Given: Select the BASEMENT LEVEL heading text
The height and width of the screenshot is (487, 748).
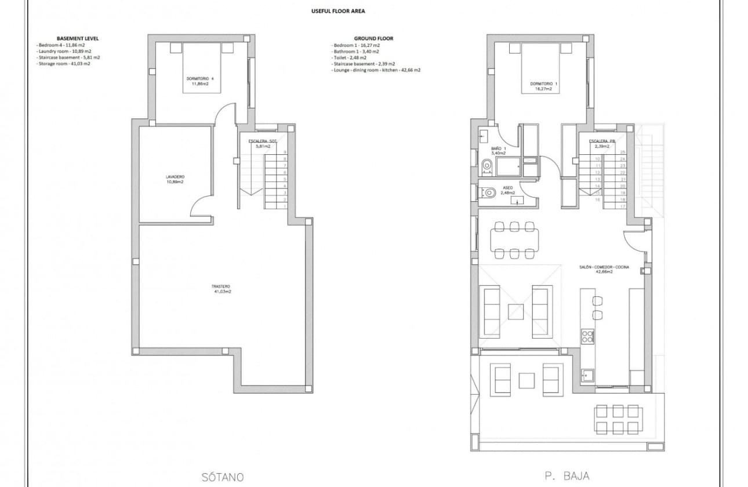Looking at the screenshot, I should (x=77, y=38).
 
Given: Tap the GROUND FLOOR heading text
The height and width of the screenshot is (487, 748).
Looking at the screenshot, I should (x=373, y=38).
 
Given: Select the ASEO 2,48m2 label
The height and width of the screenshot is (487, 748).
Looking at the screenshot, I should (x=507, y=190).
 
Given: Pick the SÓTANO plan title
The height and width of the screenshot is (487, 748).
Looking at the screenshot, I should (x=222, y=477).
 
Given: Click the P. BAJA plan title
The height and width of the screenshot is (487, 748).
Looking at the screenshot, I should (x=567, y=476).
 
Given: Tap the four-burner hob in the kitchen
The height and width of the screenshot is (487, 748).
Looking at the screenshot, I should (x=587, y=336).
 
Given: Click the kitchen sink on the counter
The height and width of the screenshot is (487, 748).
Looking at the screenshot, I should (x=587, y=375).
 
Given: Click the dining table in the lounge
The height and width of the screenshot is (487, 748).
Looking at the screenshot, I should (x=514, y=240).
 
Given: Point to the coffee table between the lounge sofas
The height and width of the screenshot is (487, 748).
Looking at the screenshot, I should (x=515, y=311).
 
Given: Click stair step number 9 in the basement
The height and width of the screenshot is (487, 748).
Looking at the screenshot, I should (x=285, y=152).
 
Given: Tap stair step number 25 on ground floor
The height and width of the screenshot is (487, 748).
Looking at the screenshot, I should (x=622, y=152).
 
